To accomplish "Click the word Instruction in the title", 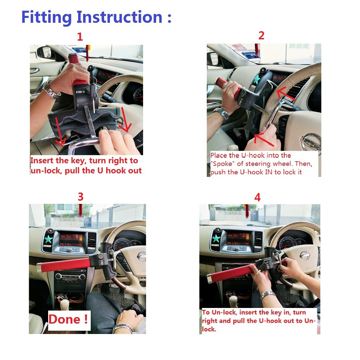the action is click(x=120, y=17).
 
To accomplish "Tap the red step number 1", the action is click(x=80, y=37).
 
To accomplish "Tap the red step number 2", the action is click(x=261, y=36).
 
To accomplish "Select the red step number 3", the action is click(x=81, y=197).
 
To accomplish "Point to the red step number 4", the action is click(x=257, y=198).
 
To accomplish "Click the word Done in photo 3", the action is click(x=65, y=319).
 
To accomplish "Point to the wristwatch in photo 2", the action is click(x=221, y=114).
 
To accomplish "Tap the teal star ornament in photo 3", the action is click(x=48, y=239).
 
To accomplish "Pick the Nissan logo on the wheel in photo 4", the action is click(x=305, y=255).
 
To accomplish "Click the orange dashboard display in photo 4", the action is click(x=238, y=239).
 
